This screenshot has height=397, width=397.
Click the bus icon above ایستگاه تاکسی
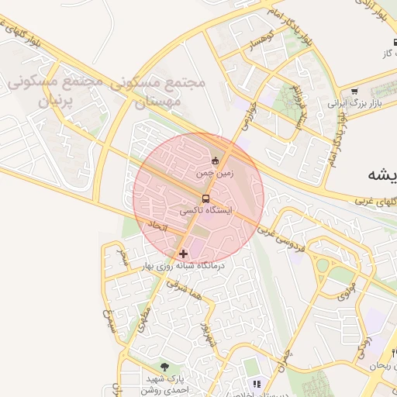pyautogui.click(x=205, y=198)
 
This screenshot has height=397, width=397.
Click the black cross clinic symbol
pyautogui.click(x=183, y=253)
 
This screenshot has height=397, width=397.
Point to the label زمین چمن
pyautogui.click(x=215, y=174)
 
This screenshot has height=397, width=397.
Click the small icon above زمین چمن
pyautogui.click(x=215, y=161)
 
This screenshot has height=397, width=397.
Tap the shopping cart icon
pyautogui.click(x=354, y=91)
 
